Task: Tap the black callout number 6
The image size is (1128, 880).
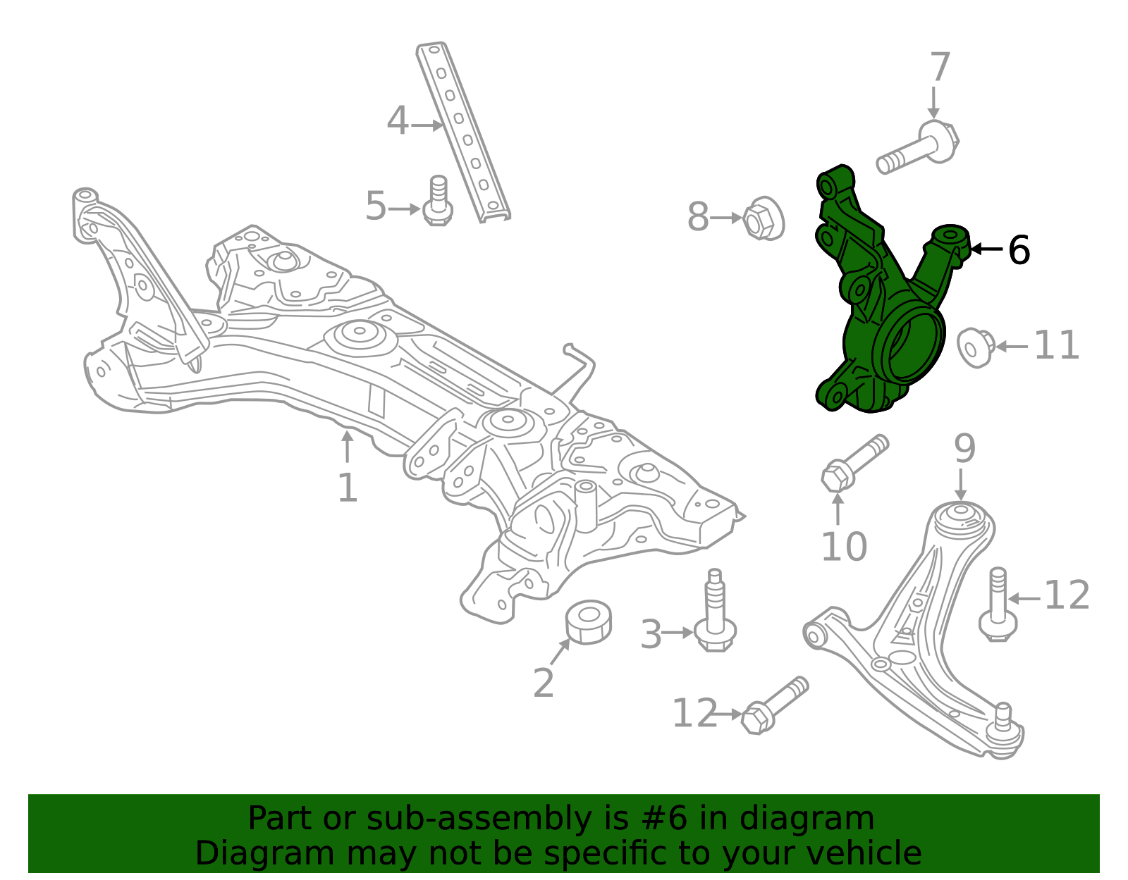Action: (x=1019, y=250)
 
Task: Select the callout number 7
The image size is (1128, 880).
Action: (x=940, y=68)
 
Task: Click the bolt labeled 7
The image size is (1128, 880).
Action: (x=916, y=148)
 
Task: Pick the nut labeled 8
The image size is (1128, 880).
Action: (x=763, y=218)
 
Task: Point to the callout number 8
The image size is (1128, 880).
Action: (x=698, y=217)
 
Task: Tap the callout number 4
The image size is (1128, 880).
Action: (x=398, y=121)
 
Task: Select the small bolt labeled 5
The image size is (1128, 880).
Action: (x=438, y=202)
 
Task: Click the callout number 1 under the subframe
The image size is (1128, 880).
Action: (x=348, y=488)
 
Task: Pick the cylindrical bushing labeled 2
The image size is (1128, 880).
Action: (x=589, y=621)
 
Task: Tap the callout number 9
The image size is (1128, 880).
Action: (x=964, y=448)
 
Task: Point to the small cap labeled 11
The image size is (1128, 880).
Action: (x=974, y=347)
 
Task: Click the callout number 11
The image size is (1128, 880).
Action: (x=1056, y=345)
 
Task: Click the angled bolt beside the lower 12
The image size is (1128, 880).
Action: (x=774, y=706)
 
